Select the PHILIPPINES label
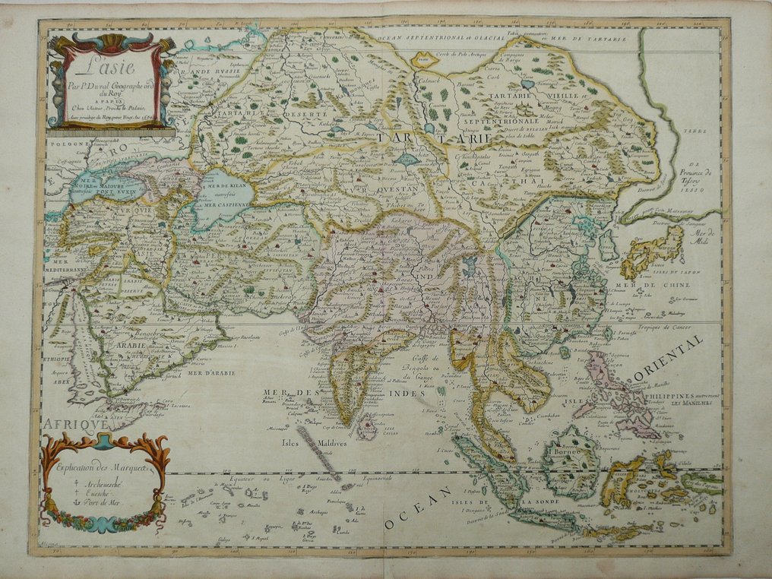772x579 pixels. click(683, 395)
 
